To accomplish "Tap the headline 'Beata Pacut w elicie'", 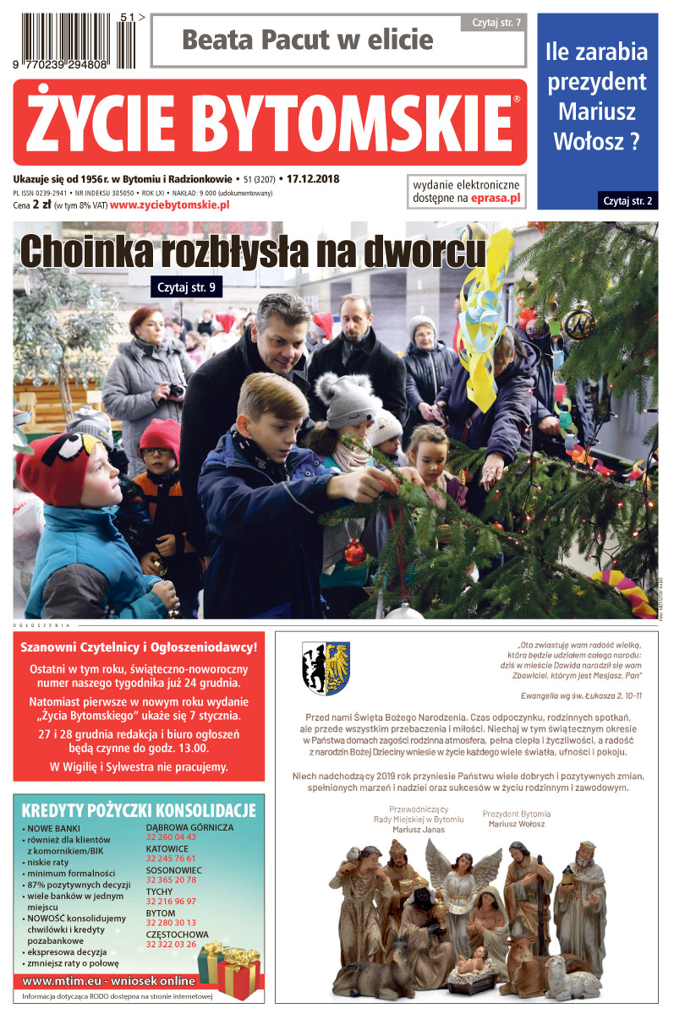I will (307, 40).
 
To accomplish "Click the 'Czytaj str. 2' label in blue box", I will (627, 200).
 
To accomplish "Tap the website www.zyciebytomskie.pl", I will (169, 205).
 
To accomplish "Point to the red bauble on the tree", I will (355, 552).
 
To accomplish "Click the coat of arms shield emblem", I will (326, 668).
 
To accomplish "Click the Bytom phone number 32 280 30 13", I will (171, 923).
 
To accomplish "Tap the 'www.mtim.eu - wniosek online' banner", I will (108, 981).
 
